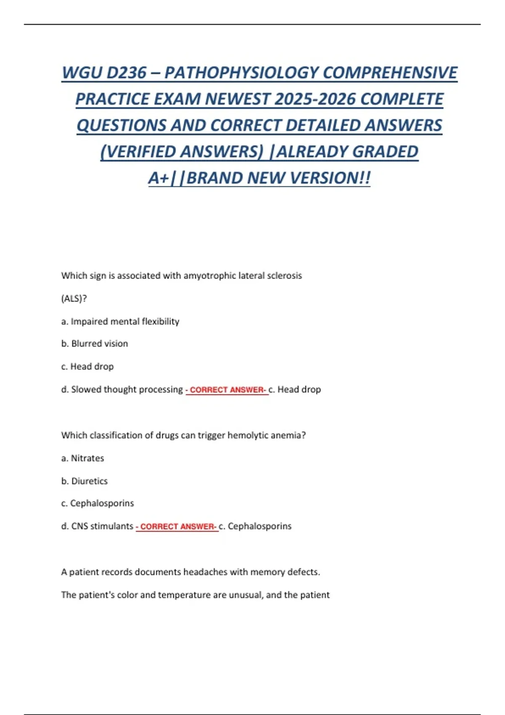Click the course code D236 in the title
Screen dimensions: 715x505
click(x=126, y=73)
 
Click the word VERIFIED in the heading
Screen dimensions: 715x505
click(x=138, y=152)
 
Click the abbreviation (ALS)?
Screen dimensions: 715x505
click(x=74, y=299)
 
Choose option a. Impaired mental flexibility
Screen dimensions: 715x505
click(x=120, y=322)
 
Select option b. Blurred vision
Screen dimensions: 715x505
click(x=95, y=344)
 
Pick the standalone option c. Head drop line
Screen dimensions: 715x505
click(x=88, y=367)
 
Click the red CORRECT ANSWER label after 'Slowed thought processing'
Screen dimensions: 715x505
click(x=227, y=390)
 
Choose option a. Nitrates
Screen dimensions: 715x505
click(x=83, y=458)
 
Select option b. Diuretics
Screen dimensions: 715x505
click(x=85, y=481)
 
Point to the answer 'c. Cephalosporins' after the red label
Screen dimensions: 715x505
click(x=255, y=526)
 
